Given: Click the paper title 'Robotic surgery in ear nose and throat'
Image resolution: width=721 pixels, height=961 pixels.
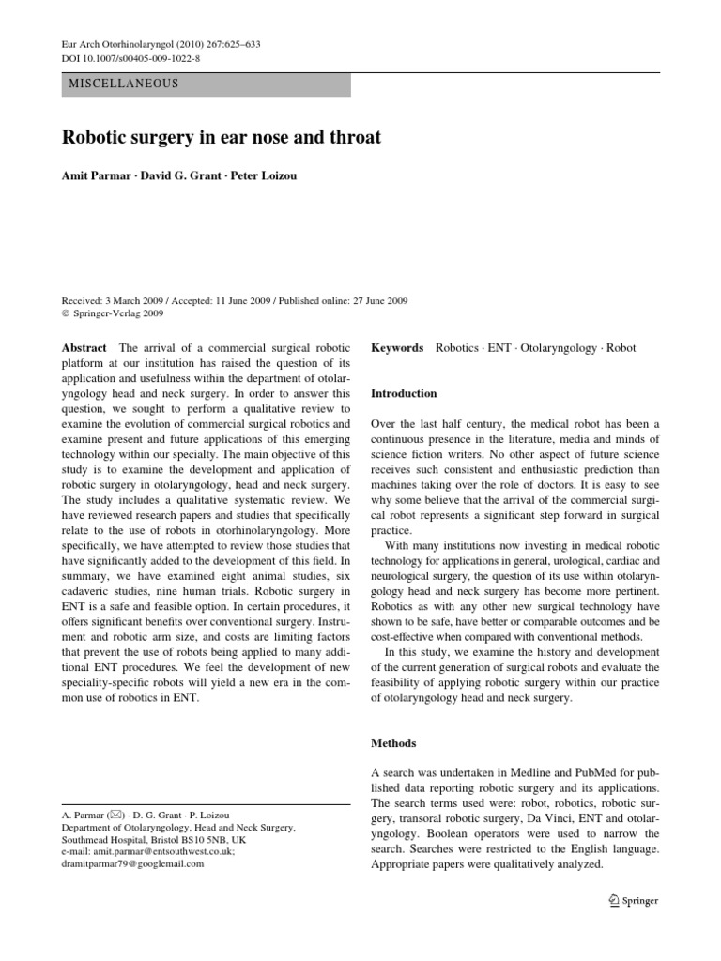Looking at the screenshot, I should [x=222, y=138].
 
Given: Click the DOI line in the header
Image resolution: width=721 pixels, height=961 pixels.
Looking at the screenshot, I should [x=126, y=57].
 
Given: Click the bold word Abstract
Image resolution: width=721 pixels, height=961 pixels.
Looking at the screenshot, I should [x=84, y=348].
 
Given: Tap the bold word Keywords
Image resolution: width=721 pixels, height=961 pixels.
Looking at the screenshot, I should [x=397, y=348].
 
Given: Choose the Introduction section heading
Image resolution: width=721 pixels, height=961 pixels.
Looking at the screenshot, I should [x=404, y=393].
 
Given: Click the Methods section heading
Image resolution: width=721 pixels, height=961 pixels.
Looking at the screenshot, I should [x=393, y=742].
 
